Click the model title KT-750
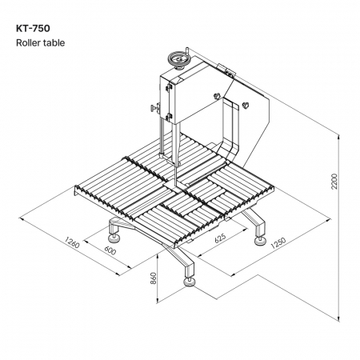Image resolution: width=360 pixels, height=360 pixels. pos(33,28)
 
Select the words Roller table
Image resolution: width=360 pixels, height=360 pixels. pos(40,42)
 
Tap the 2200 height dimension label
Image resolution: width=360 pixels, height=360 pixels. pos(334,182)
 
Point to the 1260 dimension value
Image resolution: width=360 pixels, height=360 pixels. pos(72,242)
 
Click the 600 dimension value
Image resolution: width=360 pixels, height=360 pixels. pos(110,250)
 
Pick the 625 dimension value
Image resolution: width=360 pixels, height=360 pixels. pos(220,238)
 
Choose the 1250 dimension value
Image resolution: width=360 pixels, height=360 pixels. pos(278,242)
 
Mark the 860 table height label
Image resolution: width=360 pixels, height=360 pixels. pos(154,278)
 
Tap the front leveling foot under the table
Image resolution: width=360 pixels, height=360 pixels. pos(190,282)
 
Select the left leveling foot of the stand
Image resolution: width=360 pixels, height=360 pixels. pos(114,238)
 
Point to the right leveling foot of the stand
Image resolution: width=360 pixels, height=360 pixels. pos(260,241)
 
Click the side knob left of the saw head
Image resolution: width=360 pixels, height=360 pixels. pos(155,108)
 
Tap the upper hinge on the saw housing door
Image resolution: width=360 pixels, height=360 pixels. pos(169,87)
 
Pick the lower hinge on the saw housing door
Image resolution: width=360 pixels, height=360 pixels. pos(168,116)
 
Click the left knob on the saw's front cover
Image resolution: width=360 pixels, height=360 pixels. pos(218,96)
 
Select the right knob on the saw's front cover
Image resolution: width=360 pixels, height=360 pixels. pos(246,106)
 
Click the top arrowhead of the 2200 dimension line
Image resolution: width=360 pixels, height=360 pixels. pos(338,137)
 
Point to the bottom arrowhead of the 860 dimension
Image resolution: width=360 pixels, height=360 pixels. pos(158,301)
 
